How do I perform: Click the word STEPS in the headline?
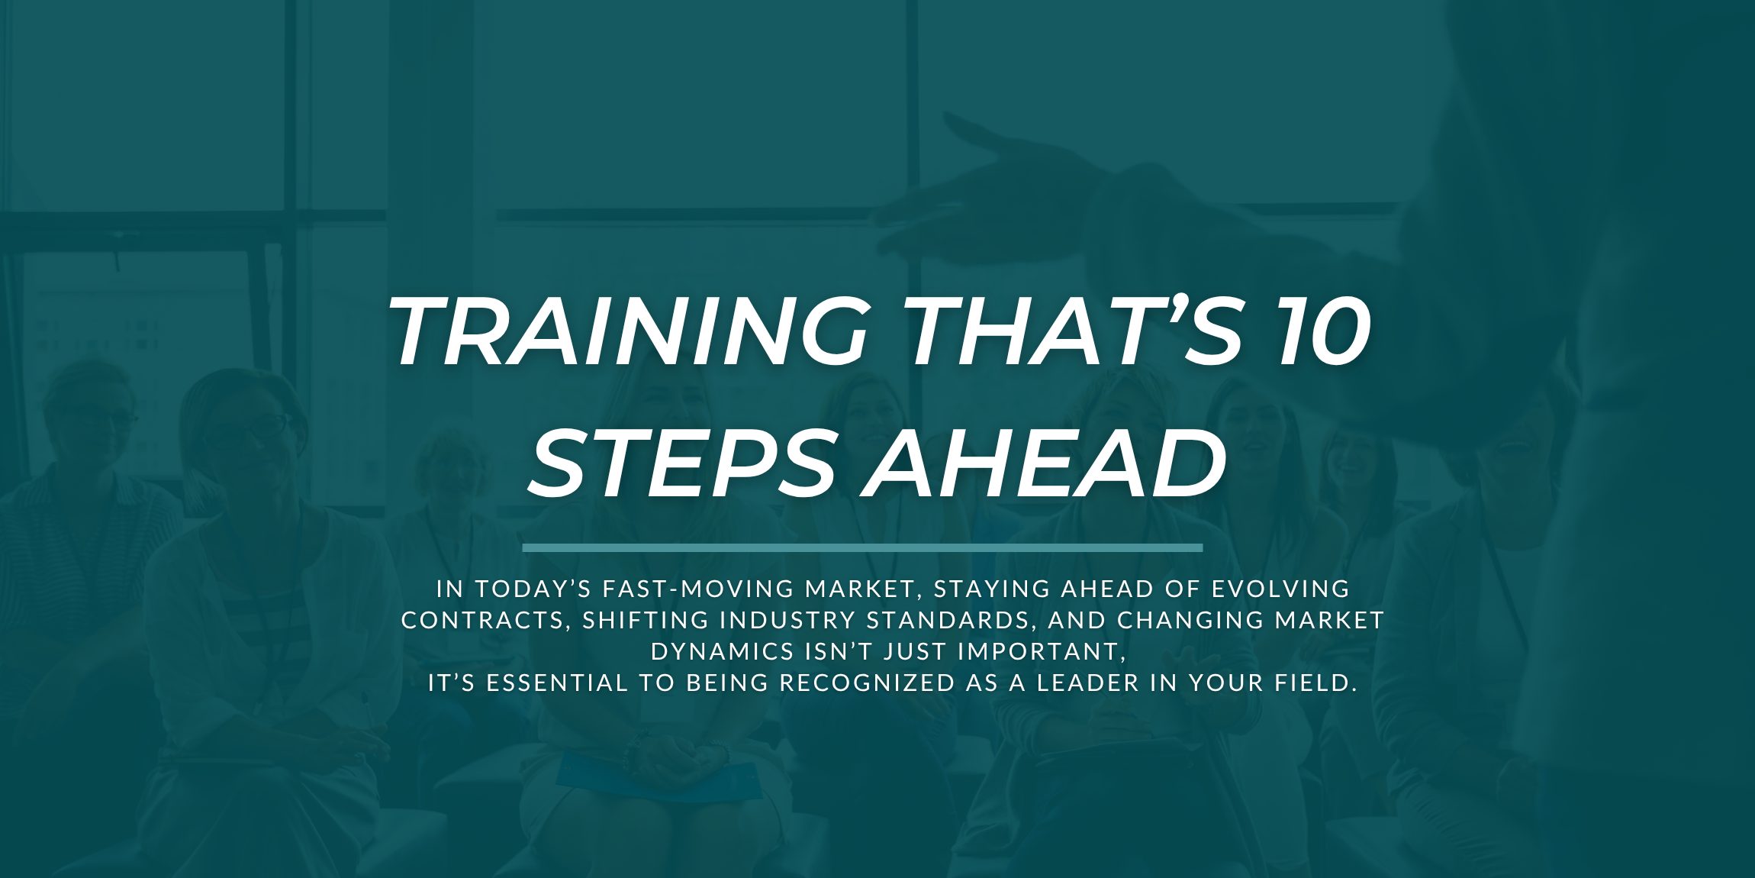(x=682, y=463)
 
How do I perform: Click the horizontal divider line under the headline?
(x=862, y=547)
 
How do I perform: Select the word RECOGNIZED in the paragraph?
(x=868, y=683)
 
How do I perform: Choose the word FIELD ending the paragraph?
(x=1312, y=683)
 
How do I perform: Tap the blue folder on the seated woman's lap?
(x=656, y=775)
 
